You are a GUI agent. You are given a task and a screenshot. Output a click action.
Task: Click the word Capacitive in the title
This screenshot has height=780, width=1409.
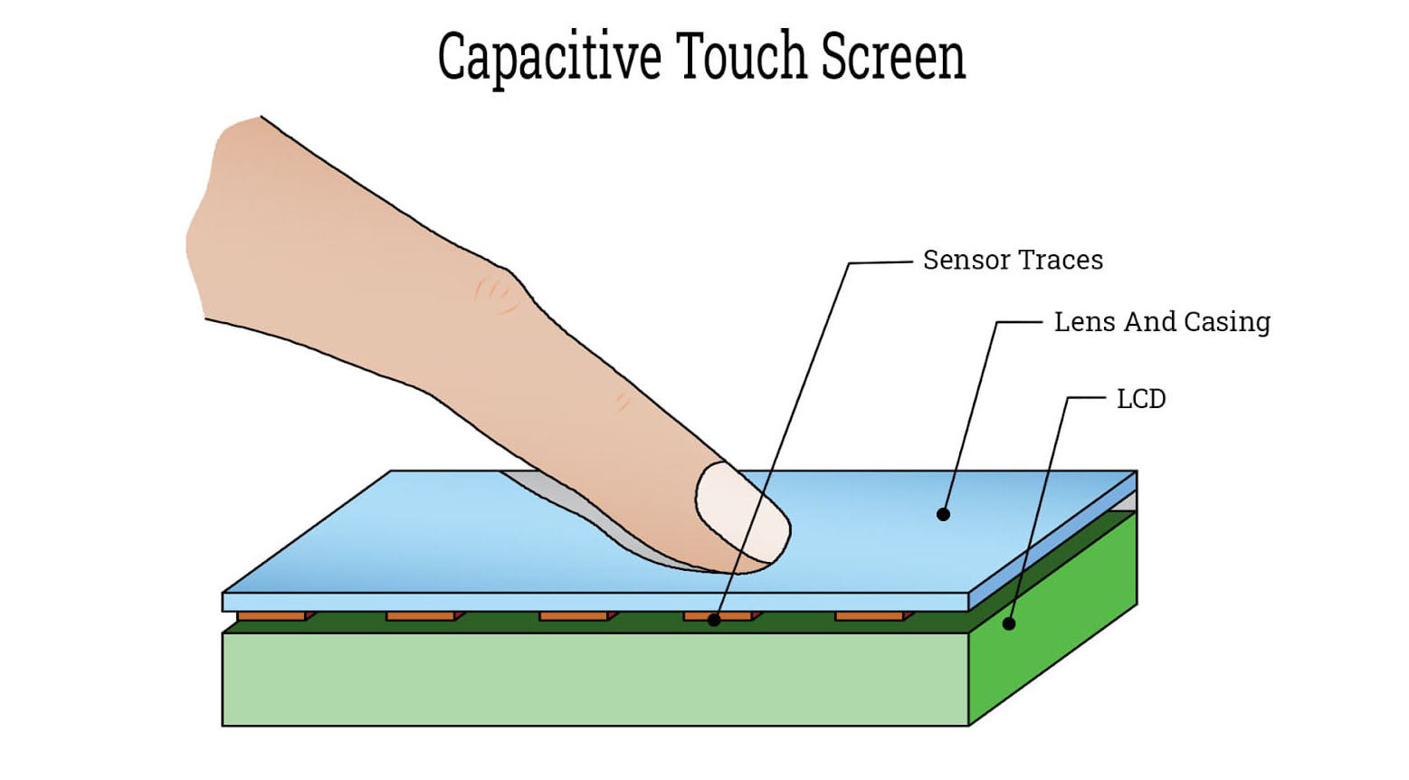point(549,57)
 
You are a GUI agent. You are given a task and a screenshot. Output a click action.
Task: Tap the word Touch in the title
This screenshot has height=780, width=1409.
point(741,55)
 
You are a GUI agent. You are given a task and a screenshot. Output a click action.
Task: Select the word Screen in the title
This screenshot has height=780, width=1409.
point(893,56)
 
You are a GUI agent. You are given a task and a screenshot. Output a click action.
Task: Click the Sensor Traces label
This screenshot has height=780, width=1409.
point(1013,261)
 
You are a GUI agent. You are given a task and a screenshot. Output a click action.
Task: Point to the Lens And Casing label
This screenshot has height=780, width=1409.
point(1162,322)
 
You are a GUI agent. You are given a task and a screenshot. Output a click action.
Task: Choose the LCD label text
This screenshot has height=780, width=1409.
point(1141,399)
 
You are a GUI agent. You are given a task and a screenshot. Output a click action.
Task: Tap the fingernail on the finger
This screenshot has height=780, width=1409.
point(741,511)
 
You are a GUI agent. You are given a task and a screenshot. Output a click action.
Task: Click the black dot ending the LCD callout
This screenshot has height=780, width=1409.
point(1009,623)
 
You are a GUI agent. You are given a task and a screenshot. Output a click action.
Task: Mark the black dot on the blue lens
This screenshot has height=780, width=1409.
point(943,515)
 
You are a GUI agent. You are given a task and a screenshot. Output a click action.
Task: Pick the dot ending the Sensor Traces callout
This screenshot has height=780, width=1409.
point(714,620)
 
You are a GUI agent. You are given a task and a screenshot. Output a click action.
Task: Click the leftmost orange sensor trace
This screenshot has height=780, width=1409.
point(271,616)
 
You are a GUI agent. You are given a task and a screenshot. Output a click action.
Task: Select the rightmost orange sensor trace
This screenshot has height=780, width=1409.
point(870,616)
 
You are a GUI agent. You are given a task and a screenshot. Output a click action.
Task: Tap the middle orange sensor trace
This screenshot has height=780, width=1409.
point(574,616)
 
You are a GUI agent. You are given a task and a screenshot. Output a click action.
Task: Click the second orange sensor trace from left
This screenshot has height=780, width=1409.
point(421,616)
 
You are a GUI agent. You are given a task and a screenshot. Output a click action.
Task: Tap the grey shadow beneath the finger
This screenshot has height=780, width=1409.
point(579,516)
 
